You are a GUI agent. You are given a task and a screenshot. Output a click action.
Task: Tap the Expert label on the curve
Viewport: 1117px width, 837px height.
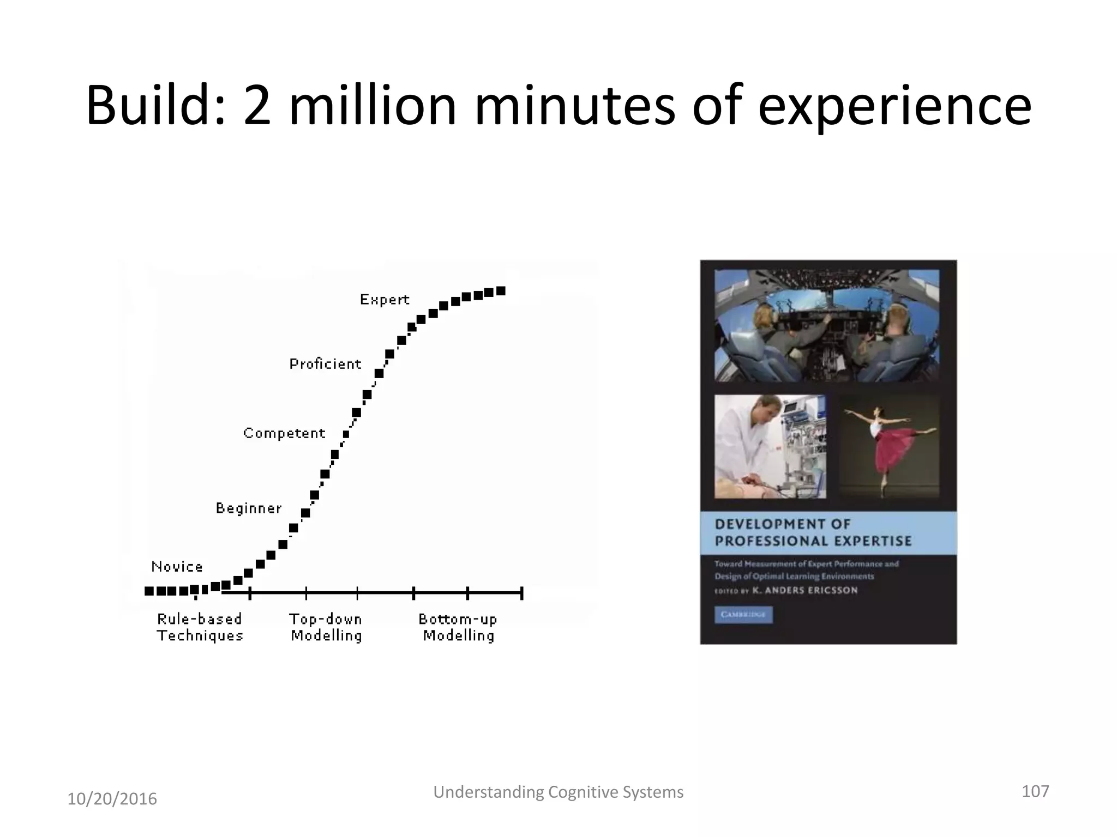(385, 300)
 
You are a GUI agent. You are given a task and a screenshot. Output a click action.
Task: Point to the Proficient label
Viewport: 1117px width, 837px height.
(325, 364)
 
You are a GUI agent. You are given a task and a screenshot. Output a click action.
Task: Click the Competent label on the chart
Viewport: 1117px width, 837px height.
(284, 433)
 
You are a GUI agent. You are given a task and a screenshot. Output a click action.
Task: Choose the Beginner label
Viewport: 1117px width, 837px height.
(249, 508)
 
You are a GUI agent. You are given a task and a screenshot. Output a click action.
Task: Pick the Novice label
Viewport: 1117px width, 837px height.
(177, 567)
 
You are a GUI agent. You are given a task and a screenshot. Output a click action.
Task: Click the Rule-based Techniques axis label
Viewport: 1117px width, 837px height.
(200, 627)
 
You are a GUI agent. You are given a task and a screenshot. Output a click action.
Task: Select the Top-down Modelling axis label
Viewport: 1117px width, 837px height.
(326, 627)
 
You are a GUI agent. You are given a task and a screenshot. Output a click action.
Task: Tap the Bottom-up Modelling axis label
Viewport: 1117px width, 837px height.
(458, 627)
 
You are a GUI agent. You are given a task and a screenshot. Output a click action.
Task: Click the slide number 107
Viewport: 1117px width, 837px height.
(1035, 791)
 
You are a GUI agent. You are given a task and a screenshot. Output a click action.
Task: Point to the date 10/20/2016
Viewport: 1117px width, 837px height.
(112, 799)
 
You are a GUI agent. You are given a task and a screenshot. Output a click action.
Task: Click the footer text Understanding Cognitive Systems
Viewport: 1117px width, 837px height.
(558, 792)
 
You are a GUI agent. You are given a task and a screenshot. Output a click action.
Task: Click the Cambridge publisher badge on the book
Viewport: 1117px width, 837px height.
(743, 615)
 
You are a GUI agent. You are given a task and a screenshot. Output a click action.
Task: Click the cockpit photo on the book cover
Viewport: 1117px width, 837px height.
(827, 325)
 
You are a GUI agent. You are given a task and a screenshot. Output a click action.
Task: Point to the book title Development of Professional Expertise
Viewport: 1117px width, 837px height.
(813, 532)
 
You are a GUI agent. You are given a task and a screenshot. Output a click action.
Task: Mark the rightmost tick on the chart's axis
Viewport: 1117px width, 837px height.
(522, 593)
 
